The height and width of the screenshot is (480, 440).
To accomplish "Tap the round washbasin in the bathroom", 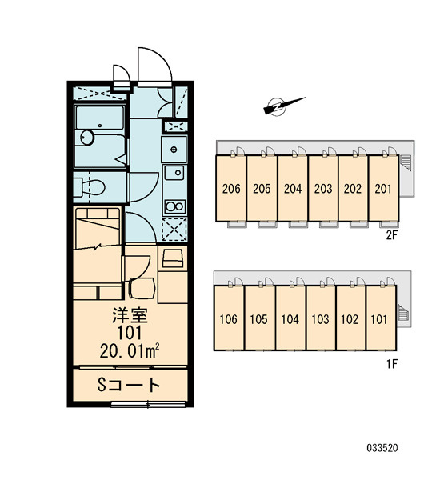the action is coord(87,137).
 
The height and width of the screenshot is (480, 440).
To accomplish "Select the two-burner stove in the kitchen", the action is coord(175,206).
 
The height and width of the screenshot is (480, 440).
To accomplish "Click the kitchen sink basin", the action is coord(174,173).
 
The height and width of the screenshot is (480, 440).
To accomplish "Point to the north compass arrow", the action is coord(284,106).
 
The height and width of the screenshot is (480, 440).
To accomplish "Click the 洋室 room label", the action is coord(130,316).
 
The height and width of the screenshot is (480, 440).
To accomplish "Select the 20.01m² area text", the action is coord(130,351).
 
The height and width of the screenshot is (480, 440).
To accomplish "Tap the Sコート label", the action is coord(129,385).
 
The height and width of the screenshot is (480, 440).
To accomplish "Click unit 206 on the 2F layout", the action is coord(231,189).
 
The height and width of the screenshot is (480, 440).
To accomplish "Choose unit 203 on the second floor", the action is coord(323,189).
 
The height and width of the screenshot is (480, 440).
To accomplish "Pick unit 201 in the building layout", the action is coord(383,189).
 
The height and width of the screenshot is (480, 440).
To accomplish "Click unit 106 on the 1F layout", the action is coord(229,319).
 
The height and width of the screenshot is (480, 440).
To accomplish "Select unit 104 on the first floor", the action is coord(290,319).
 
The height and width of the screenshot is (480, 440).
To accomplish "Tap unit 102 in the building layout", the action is coord(350,319).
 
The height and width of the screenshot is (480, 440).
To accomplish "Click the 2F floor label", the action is coord(391,235).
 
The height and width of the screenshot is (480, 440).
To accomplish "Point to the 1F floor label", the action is coord(392,364).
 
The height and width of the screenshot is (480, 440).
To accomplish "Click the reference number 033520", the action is coord(382,448).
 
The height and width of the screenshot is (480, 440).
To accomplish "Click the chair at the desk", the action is coord(142,288).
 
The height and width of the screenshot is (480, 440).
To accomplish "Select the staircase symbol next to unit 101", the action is coord(402,313).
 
